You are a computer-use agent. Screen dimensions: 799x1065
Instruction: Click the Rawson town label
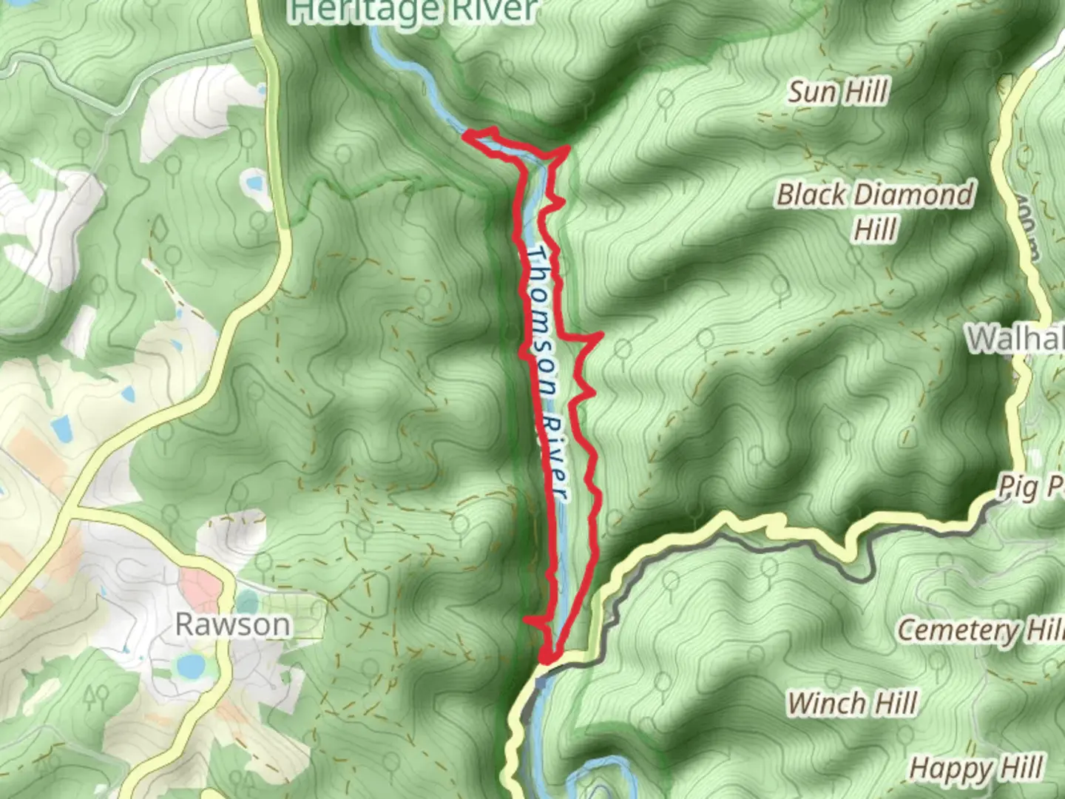click(x=232, y=624)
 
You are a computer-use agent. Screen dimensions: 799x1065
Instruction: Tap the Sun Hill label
click(x=837, y=92)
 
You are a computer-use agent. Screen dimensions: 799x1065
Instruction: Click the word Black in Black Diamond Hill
click(x=811, y=195)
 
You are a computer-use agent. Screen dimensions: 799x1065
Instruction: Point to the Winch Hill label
click(x=852, y=703)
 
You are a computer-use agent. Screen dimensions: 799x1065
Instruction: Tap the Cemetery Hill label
click(x=980, y=630)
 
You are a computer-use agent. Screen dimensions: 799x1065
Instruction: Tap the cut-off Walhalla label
click(x=1015, y=338)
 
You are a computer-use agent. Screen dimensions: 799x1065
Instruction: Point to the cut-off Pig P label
click(x=1031, y=488)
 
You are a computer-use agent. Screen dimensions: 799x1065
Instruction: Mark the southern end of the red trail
click(x=547, y=658)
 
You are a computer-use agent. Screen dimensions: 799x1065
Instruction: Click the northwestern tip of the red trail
click(x=466, y=134)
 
